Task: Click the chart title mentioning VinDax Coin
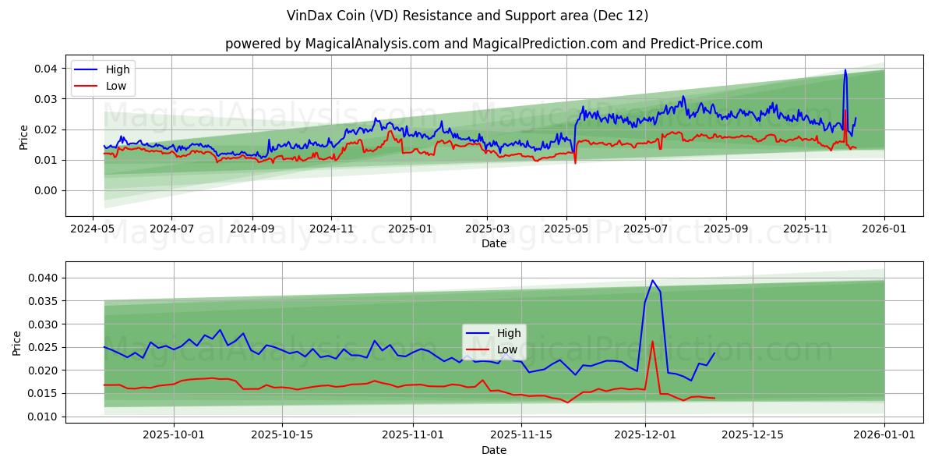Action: [x=467, y=16]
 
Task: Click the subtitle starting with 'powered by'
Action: [x=494, y=44]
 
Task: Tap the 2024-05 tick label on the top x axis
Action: [x=93, y=229]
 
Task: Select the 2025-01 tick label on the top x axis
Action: [x=410, y=229]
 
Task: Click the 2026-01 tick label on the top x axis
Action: [x=884, y=229]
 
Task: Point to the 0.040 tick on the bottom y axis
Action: [x=44, y=278]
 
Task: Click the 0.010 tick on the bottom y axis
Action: [x=44, y=417]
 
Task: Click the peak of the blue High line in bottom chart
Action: [x=653, y=280]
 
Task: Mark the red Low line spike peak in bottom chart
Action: [x=652, y=341]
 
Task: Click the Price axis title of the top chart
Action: [x=23, y=136]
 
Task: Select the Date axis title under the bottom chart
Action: [x=494, y=450]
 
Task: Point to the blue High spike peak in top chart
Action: [x=845, y=70]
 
